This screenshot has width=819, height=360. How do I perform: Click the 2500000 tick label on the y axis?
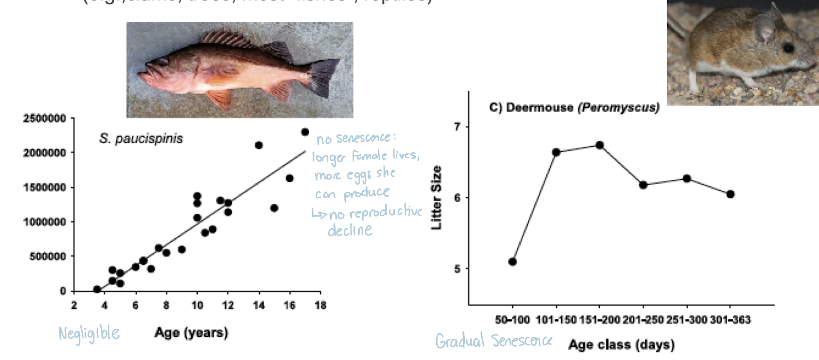coord(44,118)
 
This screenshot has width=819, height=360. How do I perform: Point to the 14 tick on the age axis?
coord(259,305)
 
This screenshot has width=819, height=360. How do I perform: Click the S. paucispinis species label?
coord(141,138)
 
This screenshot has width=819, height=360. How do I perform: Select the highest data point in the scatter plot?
coord(305,132)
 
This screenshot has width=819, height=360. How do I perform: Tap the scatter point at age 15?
coord(274,208)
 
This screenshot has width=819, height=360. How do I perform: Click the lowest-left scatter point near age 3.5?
coord(97,289)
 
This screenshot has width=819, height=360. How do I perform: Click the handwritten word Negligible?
coord(89,333)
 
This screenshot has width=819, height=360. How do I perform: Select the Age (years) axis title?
coord(191,333)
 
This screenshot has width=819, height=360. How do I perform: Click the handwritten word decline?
coord(350,230)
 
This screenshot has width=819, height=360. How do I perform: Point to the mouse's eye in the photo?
coord(788,47)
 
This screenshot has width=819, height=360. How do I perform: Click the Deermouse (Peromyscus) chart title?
coord(574,108)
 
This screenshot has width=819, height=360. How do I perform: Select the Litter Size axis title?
coord(436,197)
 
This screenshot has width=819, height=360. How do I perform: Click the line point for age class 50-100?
coord(512,262)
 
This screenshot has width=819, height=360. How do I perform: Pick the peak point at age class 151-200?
coord(600,145)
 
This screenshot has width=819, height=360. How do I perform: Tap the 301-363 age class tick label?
coord(730,320)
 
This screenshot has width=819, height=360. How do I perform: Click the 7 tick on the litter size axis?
coord(457,127)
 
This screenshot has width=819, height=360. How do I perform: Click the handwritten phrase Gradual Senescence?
coord(493,341)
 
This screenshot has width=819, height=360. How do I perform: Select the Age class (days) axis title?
coord(621,345)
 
